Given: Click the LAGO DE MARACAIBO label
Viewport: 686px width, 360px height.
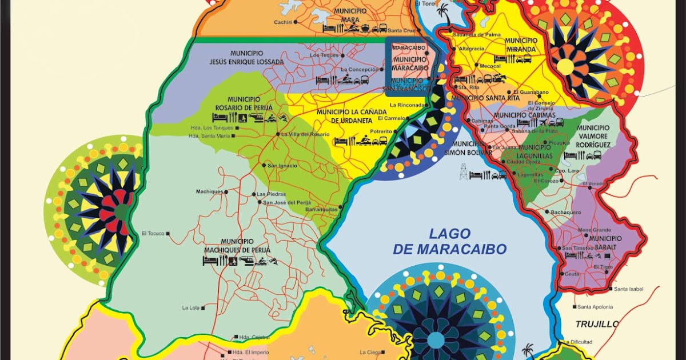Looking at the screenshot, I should [x=450, y=241].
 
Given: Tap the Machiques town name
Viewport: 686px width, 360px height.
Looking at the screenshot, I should [x=209, y=191].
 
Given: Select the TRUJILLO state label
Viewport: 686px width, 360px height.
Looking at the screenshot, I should [x=597, y=324].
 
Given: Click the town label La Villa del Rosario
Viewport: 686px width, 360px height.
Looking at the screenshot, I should [x=305, y=134].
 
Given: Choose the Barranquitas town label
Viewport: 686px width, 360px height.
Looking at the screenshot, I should [x=322, y=209].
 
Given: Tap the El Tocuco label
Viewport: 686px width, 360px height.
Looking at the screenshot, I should [x=153, y=233].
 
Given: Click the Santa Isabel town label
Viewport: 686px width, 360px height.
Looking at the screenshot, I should [x=629, y=289].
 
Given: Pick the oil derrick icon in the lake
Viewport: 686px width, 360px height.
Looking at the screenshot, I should [x=463, y=171].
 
